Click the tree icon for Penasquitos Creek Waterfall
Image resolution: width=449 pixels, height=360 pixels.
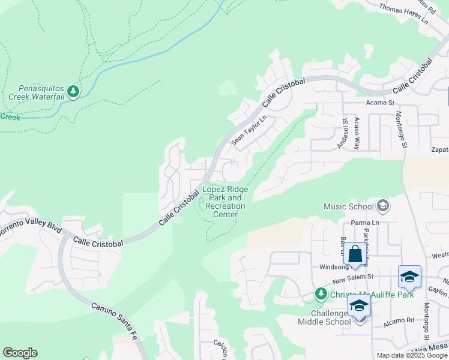pos(73,91)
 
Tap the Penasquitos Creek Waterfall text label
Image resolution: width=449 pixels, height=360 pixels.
pos(37,92)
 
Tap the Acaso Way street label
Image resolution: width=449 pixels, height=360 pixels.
pos(357,134)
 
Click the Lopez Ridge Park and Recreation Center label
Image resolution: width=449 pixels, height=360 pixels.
pos(225,202)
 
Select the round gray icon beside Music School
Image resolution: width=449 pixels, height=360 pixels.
pos(382,206)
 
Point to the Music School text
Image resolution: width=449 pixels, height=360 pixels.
pos(348,206)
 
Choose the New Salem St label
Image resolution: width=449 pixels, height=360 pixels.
pos(354,277)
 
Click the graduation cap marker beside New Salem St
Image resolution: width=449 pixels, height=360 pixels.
pos(409,277)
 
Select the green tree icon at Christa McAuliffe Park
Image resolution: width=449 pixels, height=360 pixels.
pos(321,293)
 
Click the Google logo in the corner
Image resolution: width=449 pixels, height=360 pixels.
pos(20,353)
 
